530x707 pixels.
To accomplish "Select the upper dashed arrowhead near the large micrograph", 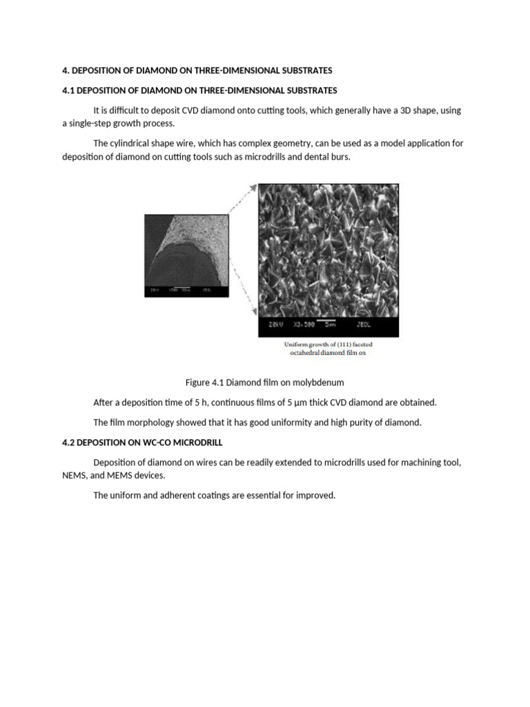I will [253, 186].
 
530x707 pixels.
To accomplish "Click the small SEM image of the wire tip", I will [186, 255].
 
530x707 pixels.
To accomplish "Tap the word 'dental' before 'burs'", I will [312, 156].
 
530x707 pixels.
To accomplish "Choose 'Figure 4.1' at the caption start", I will [204, 382].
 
